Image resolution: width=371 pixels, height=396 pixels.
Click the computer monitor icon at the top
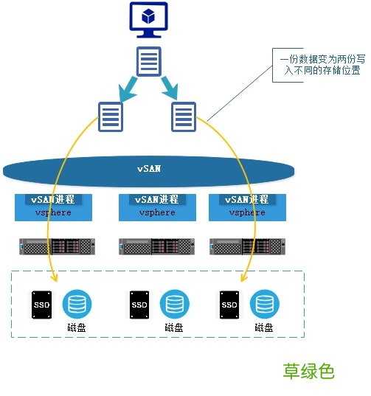149,20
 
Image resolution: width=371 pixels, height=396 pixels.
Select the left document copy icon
110,116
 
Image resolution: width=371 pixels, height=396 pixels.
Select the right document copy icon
183,116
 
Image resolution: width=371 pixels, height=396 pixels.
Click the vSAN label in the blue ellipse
149,168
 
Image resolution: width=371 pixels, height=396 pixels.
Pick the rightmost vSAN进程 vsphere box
247,206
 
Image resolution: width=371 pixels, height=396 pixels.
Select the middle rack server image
156,246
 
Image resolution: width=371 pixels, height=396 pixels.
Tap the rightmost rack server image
247,246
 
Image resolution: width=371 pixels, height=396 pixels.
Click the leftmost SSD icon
41,304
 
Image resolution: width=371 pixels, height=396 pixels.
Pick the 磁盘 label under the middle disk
174,327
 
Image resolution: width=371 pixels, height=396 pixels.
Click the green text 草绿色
309,371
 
